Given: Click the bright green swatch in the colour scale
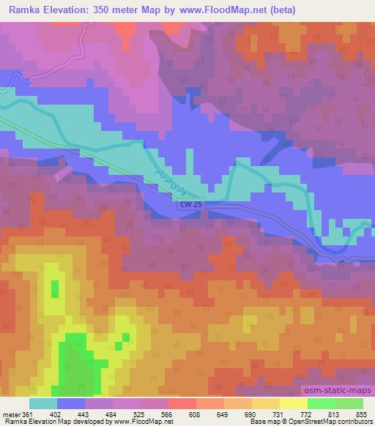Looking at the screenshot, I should pos(321,403).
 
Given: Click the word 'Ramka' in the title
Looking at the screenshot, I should pos(20,9).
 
